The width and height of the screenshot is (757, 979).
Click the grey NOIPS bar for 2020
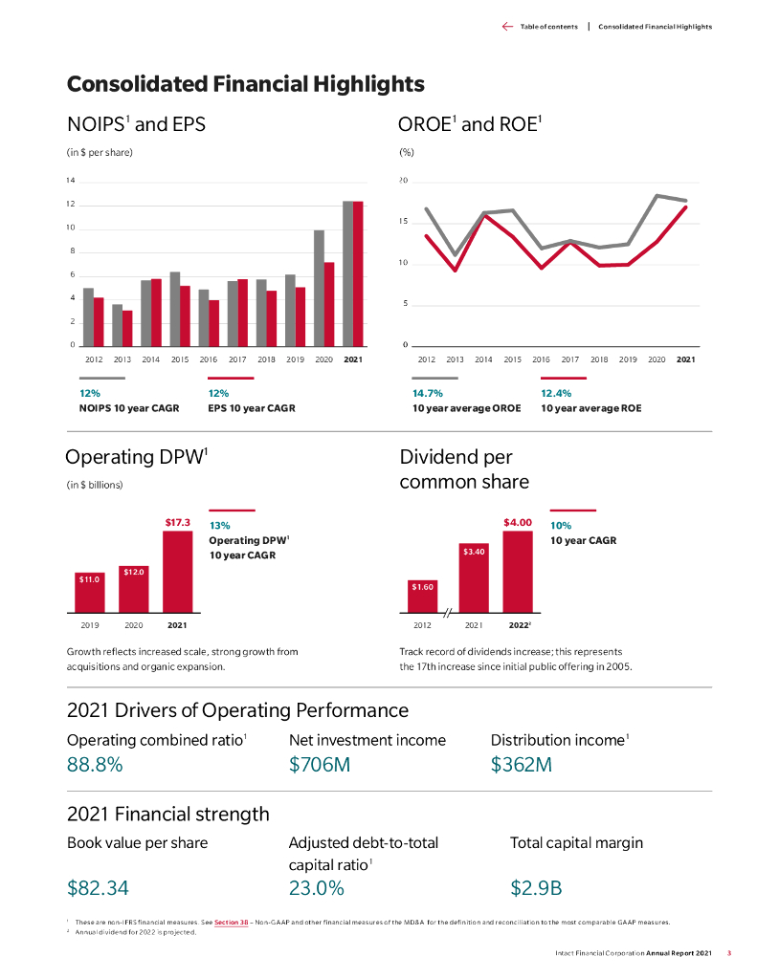point(319,288)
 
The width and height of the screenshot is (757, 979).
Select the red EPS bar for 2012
point(99,321)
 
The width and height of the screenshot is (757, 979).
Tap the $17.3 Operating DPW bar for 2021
point(177,571)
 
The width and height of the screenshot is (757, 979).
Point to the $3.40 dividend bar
point(474,577)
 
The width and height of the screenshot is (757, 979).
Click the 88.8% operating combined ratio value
point(94,765)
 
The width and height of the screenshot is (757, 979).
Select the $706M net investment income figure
point(320,765)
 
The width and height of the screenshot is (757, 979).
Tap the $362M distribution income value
point(522,765)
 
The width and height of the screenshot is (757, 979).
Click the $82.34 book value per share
point(98,888)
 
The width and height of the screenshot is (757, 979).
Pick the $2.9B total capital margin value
point(536,888)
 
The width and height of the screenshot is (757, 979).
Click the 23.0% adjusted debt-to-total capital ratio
point(316,888)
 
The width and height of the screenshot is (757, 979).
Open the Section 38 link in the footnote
point(232,923)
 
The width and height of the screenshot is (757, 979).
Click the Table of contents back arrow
point(507,27)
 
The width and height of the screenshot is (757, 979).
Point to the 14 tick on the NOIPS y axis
point(70,181)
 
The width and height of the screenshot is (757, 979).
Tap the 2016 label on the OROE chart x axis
point(541,359)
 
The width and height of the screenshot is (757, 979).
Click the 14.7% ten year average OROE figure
point(427,393)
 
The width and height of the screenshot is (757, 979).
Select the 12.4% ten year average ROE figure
point(556,393)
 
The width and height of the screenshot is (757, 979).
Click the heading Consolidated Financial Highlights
point(245,84)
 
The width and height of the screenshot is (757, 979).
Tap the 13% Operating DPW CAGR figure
point(219,526)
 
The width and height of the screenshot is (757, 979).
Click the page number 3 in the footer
point(729,953)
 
